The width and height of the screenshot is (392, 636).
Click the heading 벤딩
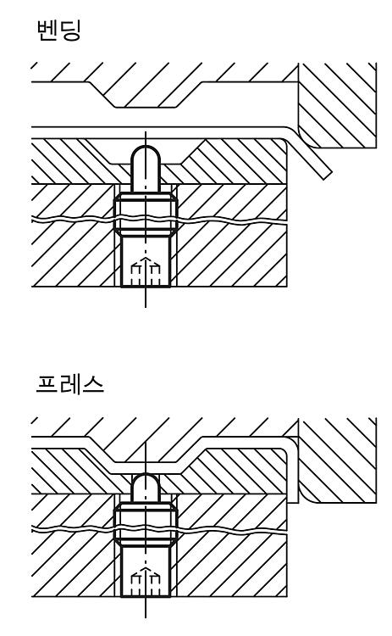point(58,31)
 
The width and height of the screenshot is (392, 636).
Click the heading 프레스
point(69,384)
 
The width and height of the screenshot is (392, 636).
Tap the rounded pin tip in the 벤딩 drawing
point(146,153)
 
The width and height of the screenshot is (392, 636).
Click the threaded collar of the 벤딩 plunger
point(146,215)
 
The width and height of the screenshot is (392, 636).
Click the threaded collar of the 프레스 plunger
point(146,526)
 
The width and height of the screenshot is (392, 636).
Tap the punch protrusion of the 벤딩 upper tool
point(146,97)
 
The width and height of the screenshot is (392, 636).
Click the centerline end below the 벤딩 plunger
point(146,307)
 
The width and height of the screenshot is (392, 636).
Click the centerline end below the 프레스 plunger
point(146,616)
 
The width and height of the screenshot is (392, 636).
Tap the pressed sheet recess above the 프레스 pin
point(146,467)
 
